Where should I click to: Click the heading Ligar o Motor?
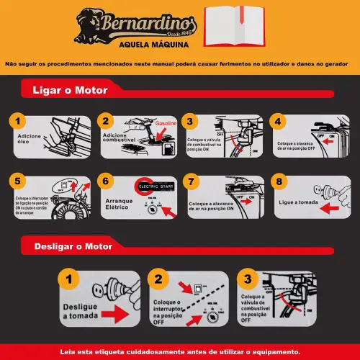[71, 91]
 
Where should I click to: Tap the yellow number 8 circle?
[281, 181]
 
